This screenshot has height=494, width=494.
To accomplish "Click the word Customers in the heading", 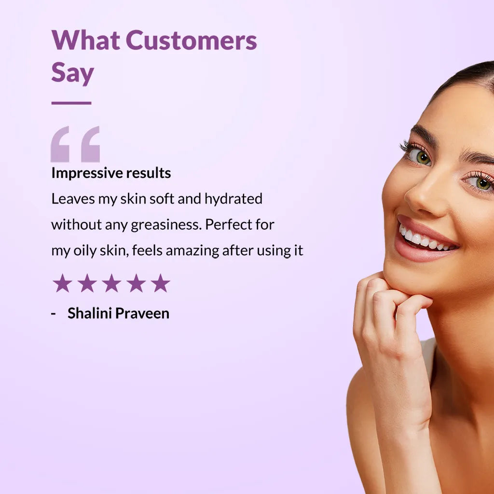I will point(191,41).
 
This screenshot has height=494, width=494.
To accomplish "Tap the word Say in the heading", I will point(72,73).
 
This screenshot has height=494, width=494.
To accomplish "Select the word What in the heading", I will point(85,41).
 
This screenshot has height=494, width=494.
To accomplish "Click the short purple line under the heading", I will point(71,103).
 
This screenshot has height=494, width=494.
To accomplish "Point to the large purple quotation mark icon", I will point(75,144).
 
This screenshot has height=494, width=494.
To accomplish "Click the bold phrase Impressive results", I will point(111,173).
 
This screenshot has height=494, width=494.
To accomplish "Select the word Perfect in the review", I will point(229,225).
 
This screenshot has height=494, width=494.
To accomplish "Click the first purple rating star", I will point(62,283).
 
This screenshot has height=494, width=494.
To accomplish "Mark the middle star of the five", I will point(111,283).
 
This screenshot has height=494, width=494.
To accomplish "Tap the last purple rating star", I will point(160,283).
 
